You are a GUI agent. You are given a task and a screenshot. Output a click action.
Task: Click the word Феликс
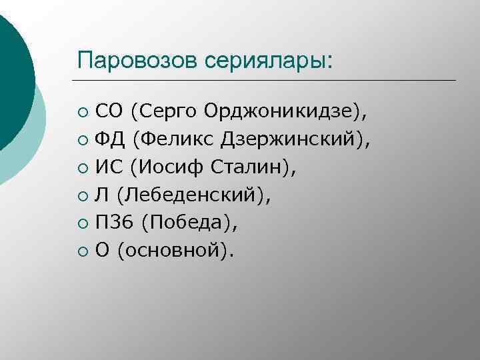coord(172,139)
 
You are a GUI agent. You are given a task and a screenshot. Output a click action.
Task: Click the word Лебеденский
coord(194,195)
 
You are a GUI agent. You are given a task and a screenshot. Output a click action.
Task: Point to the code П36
coord(111,223)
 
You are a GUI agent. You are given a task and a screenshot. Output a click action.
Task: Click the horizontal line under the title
coord(267,80)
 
